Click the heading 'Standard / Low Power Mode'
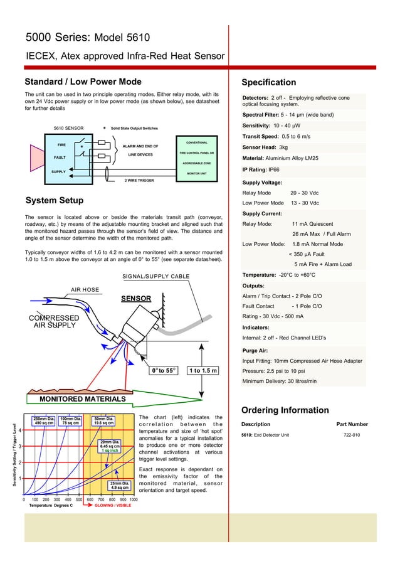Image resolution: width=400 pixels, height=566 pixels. pyautogui.click(x=83, y=82)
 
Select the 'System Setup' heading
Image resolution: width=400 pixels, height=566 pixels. pyautogui.click(x=54, y=201)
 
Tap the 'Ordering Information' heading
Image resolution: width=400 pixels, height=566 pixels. pyautogui.click(x=285, y=410)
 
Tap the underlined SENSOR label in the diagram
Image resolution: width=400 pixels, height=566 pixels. pyautogui.click(x=136, y=298)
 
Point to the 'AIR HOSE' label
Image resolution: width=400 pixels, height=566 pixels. pyautogui.click(x=85, y=289)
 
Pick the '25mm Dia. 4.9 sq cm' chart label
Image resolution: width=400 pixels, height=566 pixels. pyautogui.click(x=120, y=485)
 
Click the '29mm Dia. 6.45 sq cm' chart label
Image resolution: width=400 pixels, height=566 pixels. pyautogui.click(x=110, y=447)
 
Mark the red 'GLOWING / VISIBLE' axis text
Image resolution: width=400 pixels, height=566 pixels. pyautogui.click(x=113, y=505)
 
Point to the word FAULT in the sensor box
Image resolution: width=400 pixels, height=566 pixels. pyautogui.click(x=60, y=158)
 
